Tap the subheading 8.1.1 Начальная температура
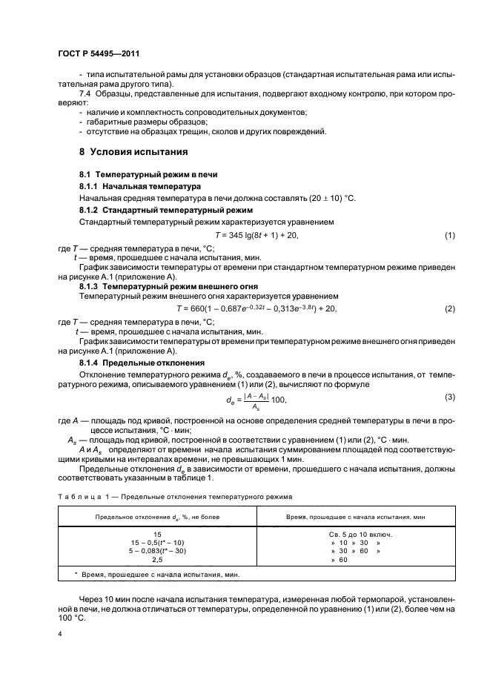[135, 186]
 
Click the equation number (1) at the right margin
[449, 235]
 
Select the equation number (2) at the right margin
[449, 308]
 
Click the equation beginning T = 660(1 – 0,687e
[256, 308]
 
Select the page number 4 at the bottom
[59, 635]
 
